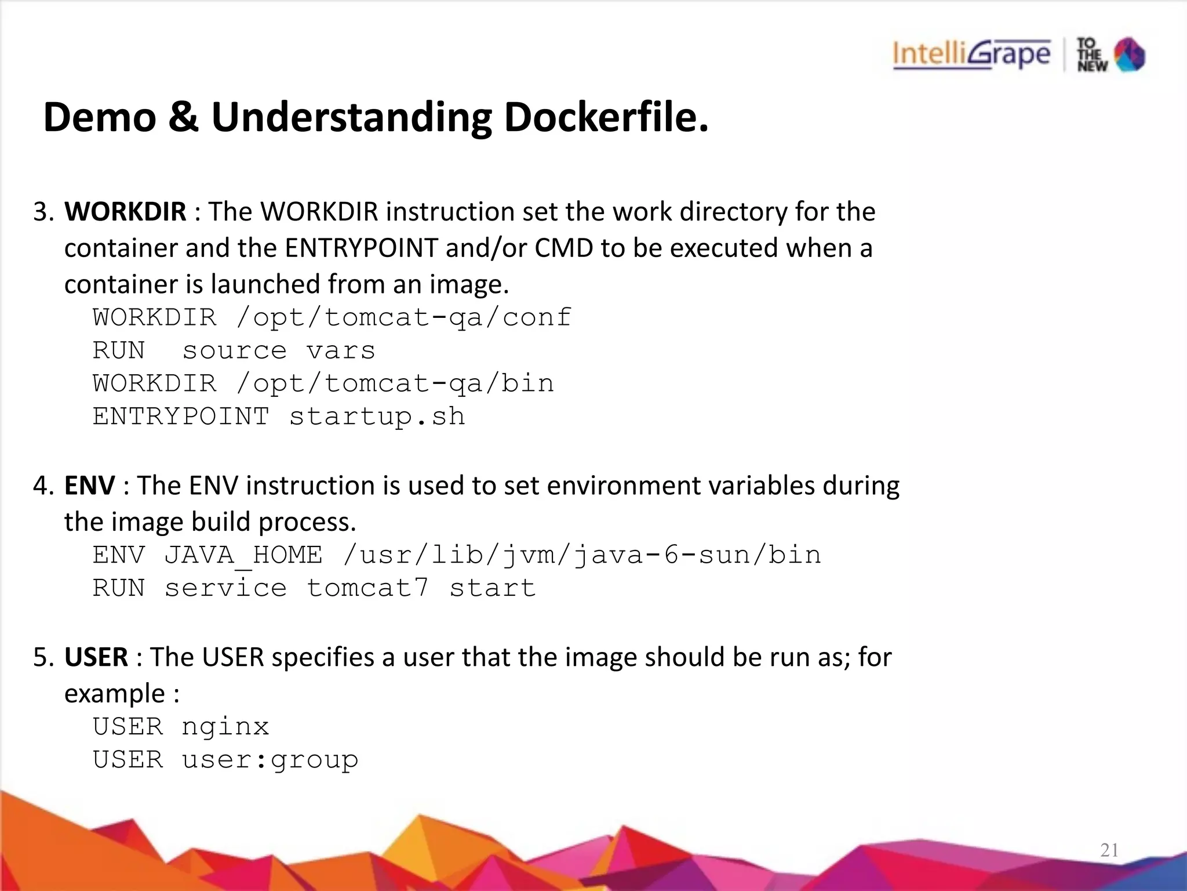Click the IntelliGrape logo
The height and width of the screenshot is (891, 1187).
[x=971, y=55]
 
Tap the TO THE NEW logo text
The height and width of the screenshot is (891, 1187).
[x=1091, y=55]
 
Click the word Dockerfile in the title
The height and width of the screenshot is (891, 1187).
[x=606, y=117]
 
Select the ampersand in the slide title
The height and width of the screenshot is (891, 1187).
[x=184, y=117]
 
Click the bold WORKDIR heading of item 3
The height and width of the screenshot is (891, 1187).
[x=125, y=212]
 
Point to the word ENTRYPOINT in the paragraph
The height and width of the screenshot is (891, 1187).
[x=361, y=248]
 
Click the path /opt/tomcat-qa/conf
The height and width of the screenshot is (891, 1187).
[x=403, y=318]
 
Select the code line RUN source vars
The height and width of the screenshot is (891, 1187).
[x=234, y=351]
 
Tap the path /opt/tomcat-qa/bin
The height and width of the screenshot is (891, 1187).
[x=395, y=384]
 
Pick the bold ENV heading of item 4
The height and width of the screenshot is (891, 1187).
[x=89, y=486]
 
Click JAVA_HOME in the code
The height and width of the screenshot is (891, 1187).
[x=243, y=556]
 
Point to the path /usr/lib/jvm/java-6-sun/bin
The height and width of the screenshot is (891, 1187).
[x=581, y=556]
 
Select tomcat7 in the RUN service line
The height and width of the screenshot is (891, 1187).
[x=367, y=589]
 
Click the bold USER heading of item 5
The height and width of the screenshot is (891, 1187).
[x=96, y=657]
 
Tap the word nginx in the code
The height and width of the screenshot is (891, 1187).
[x=225, y=727]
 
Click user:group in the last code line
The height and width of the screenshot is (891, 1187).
[x=270, y=760]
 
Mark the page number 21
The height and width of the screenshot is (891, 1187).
[x=1109, y=850]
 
